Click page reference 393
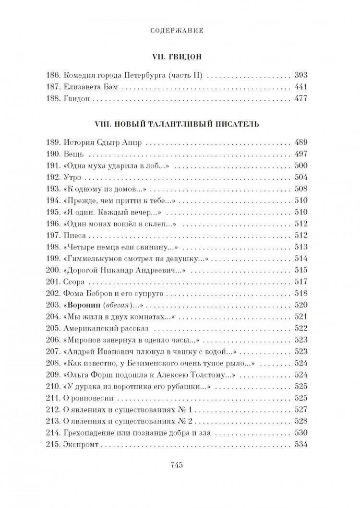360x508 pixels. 300,76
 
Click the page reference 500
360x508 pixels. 300,166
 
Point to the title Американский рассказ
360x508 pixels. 106,329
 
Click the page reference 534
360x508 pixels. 300,444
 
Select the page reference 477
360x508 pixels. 300,99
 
